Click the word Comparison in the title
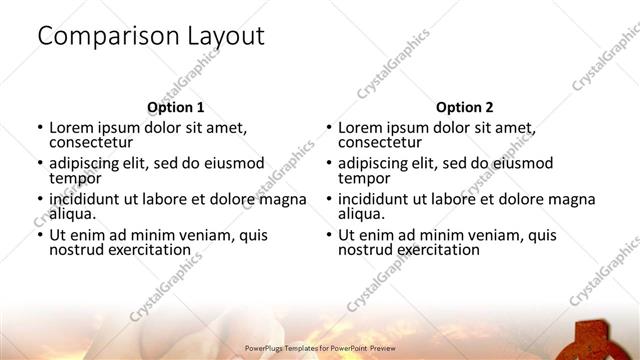[x=101, y=36]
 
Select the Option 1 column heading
[x=175, y=106]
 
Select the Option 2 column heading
[x=465, y=106]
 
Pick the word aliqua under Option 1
[x=72, y=213]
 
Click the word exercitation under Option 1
[x=158, y=250]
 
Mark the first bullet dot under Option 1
[x=39, y=128]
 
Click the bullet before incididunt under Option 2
[x=329, y=199]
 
